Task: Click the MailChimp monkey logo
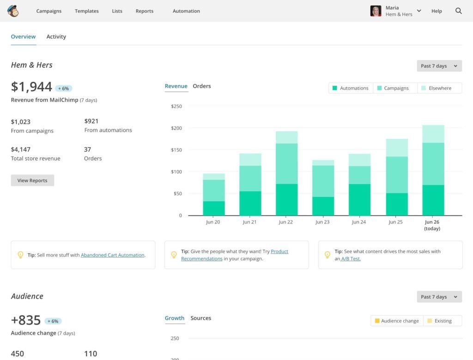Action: click(x=13, y=11)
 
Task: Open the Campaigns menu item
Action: click(x=49, y=11)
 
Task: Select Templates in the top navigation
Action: click(x=87, y=11)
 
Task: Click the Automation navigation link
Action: click(x=186, y=11)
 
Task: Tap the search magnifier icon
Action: click(x=459, y=11)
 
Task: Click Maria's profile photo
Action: click(x=376, y=11)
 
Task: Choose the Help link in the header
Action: click(x=437, y=11)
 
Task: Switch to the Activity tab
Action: click(x=56, y=37)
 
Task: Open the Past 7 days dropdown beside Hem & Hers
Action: click(x=439, y=66)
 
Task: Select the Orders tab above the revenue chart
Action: click(x=202, y=86)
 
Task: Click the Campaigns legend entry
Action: click(x=393, y=88)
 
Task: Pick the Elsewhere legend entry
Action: click(x=439, y=88)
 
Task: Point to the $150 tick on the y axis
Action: click(x=176, y=150)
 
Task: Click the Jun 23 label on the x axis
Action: click(x=322, y=222)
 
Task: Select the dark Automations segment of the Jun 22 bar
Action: click(x=286, y=200)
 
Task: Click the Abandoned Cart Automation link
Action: click(x=113, y=255)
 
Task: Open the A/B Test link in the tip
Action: click(x=351, y=259)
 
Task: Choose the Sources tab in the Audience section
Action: click(x=201, y=318)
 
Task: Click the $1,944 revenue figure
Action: click(x=31, y=87)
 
